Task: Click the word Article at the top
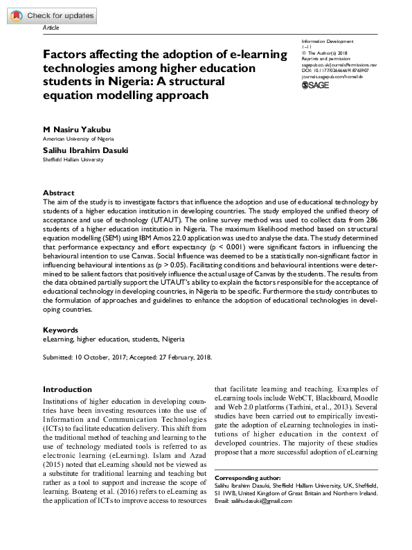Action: (51, 28)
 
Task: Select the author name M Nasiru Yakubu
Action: (76, 130)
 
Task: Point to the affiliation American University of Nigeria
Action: (78, 139)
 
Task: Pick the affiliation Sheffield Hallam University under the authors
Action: (73, 159)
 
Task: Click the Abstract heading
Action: (58, 193)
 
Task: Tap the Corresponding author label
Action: (247, 479)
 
